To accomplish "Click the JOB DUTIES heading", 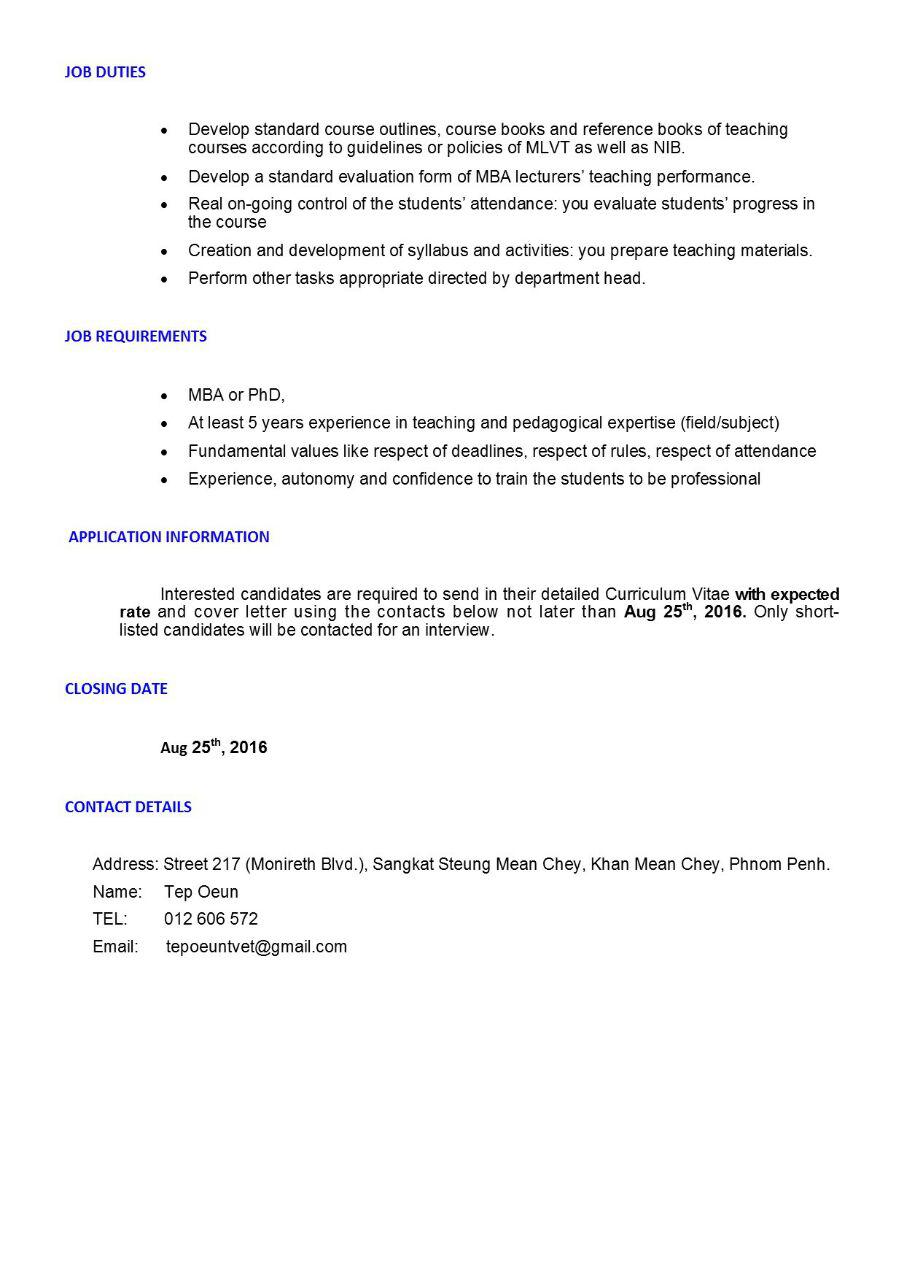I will tap(105, 72).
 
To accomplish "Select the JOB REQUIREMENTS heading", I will tap(135, 336).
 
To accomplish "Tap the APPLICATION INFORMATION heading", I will tap(169, 537).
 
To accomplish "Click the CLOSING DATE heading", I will tap(116, 689).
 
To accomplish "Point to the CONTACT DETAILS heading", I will tap(128, 807).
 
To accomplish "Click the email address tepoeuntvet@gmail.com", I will tap(257, 946).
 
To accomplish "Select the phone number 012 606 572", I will tap(211, 919).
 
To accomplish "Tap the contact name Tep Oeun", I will tap(201, 892).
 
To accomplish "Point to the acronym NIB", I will tap(668, 148).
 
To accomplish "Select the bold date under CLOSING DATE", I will tap(214, 747).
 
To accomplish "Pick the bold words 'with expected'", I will tap(787, 595).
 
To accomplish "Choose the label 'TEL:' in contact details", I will tap(110, 919).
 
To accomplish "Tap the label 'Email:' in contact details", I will tap(115, 946).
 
